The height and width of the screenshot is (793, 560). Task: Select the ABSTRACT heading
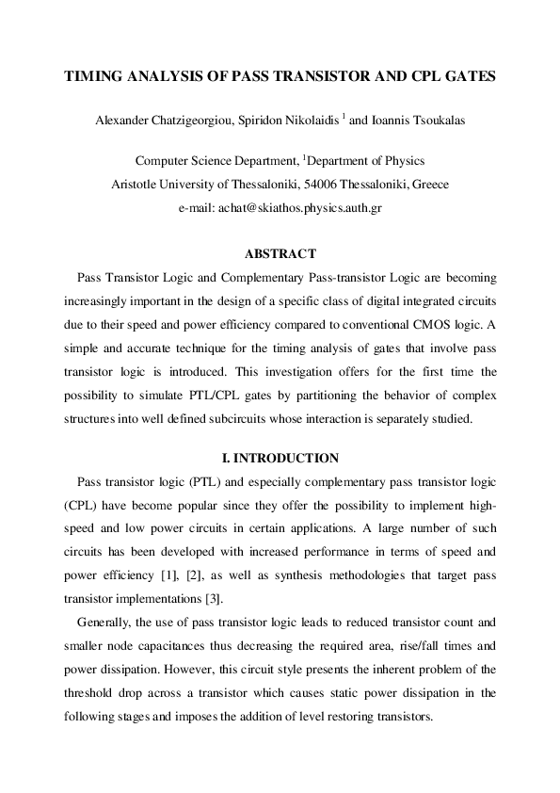280,254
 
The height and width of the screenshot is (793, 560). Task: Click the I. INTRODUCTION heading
280,460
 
